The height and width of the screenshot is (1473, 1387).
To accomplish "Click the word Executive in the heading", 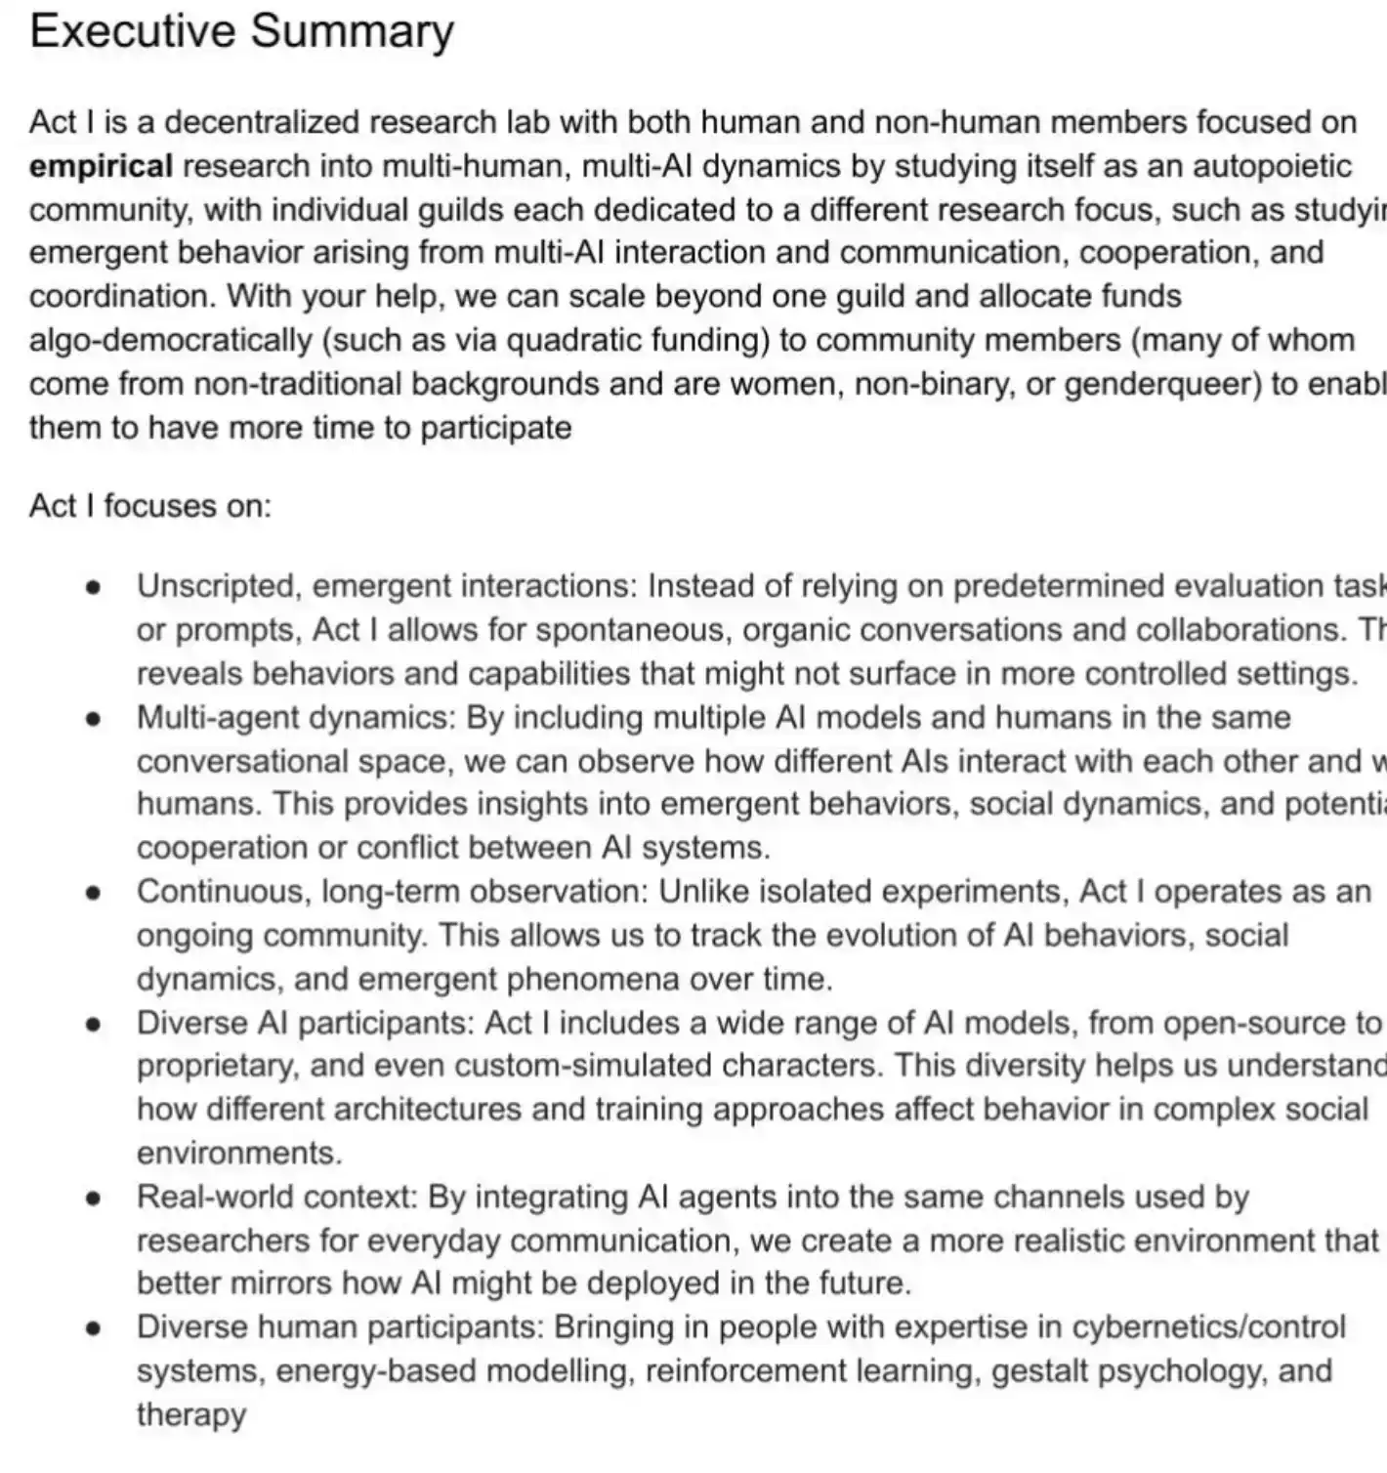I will click(132, 31).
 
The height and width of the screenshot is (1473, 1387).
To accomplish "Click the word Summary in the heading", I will click(353, 31).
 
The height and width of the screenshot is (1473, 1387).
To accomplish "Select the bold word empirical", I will click(101, 166).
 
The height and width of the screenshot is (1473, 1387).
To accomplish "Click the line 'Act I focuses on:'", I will click(150, 505).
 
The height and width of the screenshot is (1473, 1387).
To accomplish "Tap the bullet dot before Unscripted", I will click(94, 587).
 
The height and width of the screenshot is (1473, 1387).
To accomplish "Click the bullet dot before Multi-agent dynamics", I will click(94, 718).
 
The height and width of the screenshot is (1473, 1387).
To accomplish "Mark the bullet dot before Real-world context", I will click(94, 1197).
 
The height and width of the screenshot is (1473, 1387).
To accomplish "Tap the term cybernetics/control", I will click(1209, 1326).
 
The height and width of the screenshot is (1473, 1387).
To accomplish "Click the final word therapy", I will click(191, 1414).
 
